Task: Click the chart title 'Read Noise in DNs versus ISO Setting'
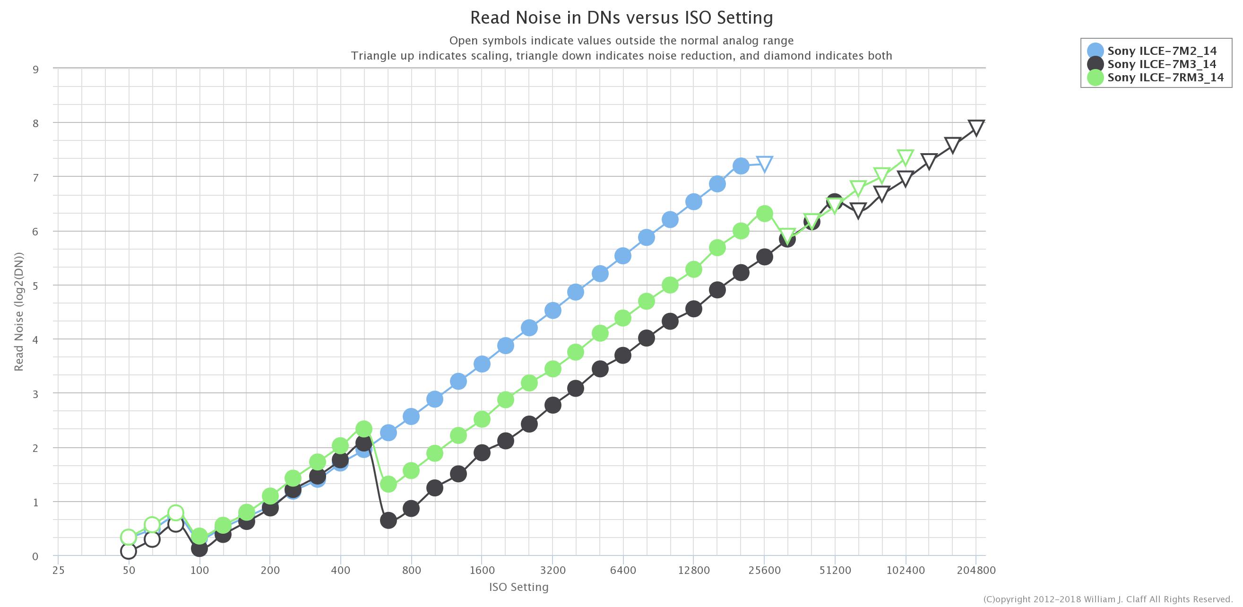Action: click(621, 18)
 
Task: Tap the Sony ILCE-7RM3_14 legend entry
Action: click(1165, 78)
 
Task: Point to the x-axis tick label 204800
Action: click(976, 570)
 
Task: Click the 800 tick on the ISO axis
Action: click(411, 570)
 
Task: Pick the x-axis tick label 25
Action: click(58, 570)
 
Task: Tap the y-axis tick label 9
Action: click(36, 69)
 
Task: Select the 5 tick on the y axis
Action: click(36, 286)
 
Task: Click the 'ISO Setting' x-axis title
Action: click(519, 587)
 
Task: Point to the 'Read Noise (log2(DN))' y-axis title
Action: click(19, 312)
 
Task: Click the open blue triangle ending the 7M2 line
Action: click(764, 164)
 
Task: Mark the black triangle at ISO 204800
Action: click(976, 127)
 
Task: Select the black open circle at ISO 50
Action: click(129, 551)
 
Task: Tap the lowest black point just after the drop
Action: click(388, 520)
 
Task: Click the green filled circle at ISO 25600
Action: click(764, 213)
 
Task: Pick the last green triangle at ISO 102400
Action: click(905, 157)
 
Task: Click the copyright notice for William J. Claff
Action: click(1108, 599)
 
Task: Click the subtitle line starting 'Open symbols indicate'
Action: click(621, 41)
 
